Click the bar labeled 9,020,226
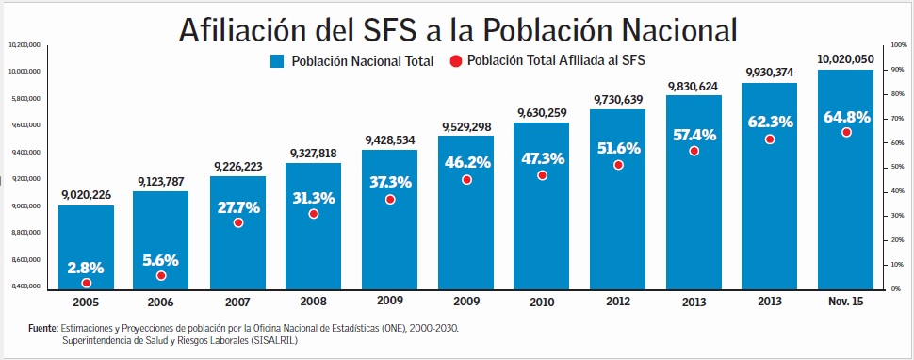[x=86, y=245]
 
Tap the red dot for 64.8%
[x=846, y=133]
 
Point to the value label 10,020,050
[x=845, y=58]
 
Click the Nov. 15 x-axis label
[x=845, y=302]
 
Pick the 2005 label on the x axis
[x=86, y=302]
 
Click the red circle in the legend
[x=456, y=61]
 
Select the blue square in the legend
[x=277, y=61]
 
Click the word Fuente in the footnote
[x=43, y=328]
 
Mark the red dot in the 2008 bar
[x=314, y=214]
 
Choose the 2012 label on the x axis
[x=618, y=302]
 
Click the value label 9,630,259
[x=542, y=113]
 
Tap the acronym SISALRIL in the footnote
[x=270, y=340]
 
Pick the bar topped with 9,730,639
[x=618, y=198]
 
